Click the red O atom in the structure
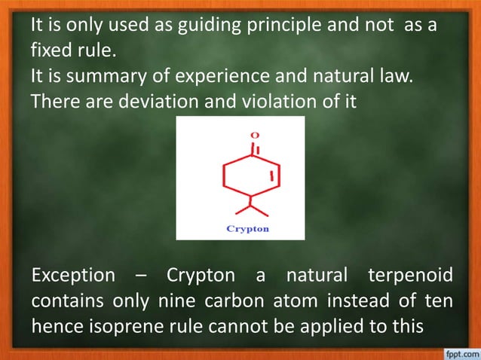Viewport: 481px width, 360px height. (x=255, y=135)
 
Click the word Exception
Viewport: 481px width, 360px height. (x=74, y=276)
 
